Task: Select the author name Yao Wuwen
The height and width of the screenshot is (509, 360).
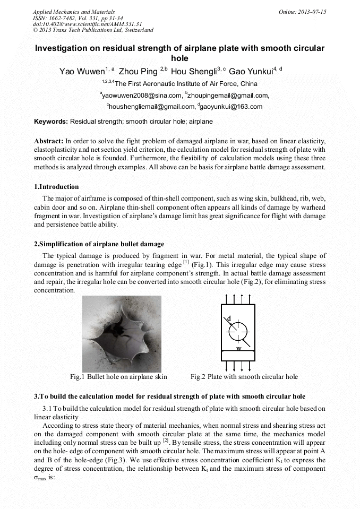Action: (x=82, y=71)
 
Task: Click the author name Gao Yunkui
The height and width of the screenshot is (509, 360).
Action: (x=251, y=71)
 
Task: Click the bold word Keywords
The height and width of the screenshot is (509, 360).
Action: (x=51, y=122)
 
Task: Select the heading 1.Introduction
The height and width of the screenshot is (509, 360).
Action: (x=56, y=187)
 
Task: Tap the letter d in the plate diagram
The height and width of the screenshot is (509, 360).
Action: (x=229, y=318)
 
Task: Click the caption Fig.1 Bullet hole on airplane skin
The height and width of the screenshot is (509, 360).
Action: (x=118, y=377)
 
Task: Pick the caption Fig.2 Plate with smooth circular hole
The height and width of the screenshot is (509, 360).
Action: (x=244, y=377)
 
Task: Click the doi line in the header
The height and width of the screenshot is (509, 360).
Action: (x=87, y=24)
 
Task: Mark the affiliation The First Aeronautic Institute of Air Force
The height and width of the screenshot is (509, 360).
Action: (x=185, y=84)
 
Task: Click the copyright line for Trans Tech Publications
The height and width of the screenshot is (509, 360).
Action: (x=93, y=30)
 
